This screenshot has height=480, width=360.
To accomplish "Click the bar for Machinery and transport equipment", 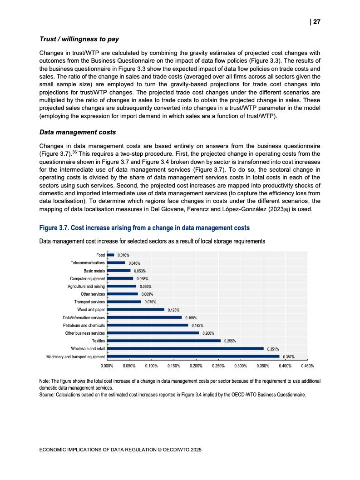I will click(x=193, y=356).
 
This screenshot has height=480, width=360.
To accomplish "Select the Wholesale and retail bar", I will click(x=185, y=349).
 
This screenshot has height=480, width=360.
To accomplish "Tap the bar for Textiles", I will click(x=164, y=341).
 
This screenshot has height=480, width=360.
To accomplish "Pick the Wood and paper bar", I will click(x=136, y=310).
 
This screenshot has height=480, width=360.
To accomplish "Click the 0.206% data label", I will click(x=208, y=333).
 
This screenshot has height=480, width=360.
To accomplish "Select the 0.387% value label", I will click(x=289, y=357).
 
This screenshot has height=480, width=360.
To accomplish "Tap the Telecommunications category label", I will click(x=88, y=263).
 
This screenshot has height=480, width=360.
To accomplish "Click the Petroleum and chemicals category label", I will click(x=84, y=325).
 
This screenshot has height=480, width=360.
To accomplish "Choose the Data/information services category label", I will click(x=84, y=317).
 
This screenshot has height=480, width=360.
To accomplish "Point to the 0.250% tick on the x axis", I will click(x=218, y=366).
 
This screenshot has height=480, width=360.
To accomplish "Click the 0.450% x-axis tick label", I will click(x=307, y=366).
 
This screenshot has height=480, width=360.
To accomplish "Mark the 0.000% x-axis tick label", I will click(x=107, y=366).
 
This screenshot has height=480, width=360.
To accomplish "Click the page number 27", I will click(x=316, y=22).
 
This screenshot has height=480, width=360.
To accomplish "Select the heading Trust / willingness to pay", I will click(x=79, y=39).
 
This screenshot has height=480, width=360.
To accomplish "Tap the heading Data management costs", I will click(x=78, y=132).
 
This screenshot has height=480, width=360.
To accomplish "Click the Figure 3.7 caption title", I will click(x=144, y=228).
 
